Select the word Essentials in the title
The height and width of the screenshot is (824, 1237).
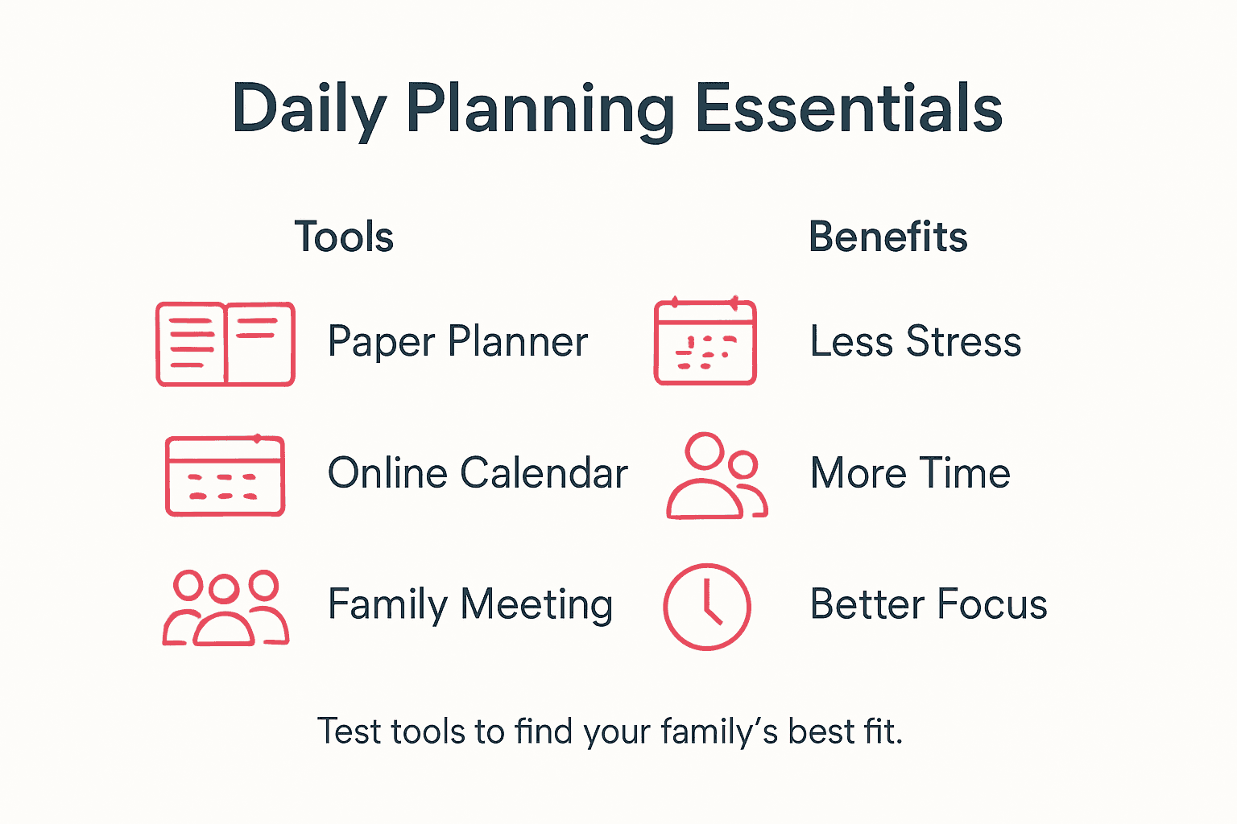[x=848, y=109]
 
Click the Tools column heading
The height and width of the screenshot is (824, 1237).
[x=344, y=237]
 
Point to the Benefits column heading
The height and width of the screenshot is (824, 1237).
[x=887, y=237]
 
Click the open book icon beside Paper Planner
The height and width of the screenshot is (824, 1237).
[x=225, y=344]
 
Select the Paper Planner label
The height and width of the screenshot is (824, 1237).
[x=457, y=342]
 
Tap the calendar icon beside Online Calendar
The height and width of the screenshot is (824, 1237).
[x=225, y=476]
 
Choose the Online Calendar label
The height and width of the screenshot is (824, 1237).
[x=478, y=473]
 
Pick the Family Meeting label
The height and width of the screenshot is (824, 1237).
[x=470, y=604]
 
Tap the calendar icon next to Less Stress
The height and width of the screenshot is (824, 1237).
[x=705, y=342]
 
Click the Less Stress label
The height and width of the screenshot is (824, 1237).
[x=916, y=341]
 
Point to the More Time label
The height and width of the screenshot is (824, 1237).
[x=910, y=473]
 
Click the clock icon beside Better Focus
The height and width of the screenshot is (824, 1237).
[x=706, y=607]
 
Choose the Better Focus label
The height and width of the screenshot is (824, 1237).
[x=929, y=604]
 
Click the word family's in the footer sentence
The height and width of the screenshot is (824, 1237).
[x=719, y=732]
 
